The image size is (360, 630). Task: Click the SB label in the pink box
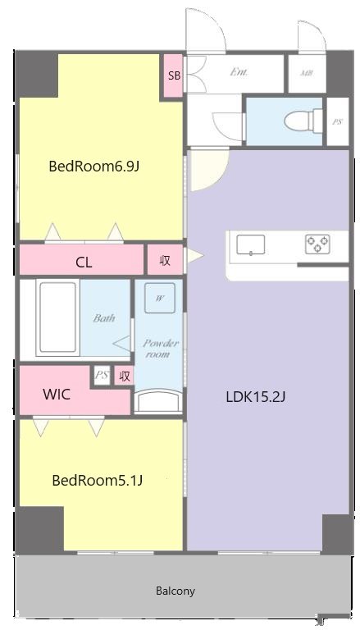tap(173, 75)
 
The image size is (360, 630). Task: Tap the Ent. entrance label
tap(239, 72)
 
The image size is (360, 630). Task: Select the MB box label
tap(306, 73)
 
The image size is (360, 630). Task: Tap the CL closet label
tap(84, 262)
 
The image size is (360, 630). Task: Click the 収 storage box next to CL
tap(165, 260)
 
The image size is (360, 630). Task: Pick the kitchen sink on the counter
tap(250, 244)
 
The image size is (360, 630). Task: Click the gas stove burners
tap(317, 244)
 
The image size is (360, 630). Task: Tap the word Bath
tap(103, 318)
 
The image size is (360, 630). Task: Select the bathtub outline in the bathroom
tap(57, 318)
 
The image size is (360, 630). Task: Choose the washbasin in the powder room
tap(158, 399)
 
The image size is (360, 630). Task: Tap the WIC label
tap(57, 395)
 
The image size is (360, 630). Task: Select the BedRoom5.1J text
tap(98, 480)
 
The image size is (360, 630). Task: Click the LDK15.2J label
tap(255, 397)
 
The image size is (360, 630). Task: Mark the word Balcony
tap(175, 591)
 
